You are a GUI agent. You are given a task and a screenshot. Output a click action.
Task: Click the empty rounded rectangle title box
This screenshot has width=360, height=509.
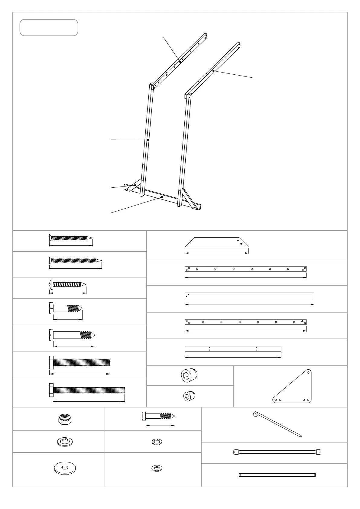pyautogui.click(x=49, y=28)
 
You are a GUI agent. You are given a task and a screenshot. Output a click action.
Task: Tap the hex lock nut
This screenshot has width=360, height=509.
pyautogui.click(x=65, y=419)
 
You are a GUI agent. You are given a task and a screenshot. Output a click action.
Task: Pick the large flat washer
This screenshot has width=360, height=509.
pyautogui.click(x=65, y=468)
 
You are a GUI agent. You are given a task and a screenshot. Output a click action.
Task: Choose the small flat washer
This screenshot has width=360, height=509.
pyautogui.click(x=157, y=468)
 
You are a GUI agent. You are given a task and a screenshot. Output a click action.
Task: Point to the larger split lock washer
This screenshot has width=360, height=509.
pyautogui.click(x=65, y=442)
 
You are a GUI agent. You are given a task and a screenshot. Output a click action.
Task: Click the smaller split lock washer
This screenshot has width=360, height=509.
pyautogui.click(x=156, y=442)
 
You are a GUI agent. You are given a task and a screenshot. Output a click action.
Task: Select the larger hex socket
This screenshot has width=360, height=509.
pyautogui.click(x=189, y=375)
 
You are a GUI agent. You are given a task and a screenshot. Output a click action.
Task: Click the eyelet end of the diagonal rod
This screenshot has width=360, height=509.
pyautogui.click(x=256, y=414)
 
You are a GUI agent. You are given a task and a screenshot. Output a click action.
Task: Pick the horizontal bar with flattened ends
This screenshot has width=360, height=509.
pyautogui.click(x=277, y=452)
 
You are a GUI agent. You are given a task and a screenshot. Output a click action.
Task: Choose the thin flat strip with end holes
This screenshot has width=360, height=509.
pyautogui.click(x=277, y=475)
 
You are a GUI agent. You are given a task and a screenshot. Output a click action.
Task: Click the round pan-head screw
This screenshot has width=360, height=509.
pyautogui.click(x=67, y=284)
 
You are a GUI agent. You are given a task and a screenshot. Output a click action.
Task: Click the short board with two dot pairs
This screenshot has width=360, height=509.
pyautogui.click(x=233, y=349)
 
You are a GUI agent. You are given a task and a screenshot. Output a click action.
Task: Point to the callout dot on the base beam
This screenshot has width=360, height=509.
pyautogui.click(x=162, y=197)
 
